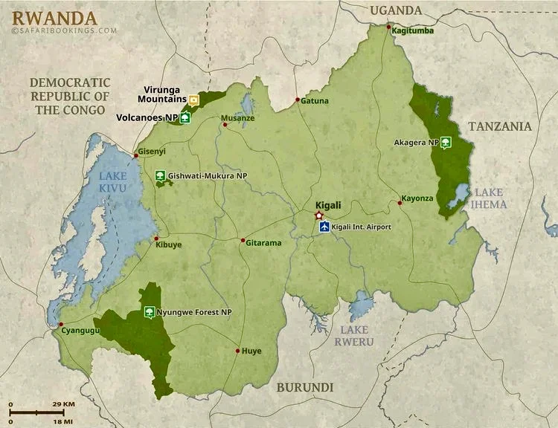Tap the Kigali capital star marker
pyautogui.click(x=319, y=215)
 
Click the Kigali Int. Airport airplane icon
pyautogui.click(x=324, y=227)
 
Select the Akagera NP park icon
pyautogui.click(x=446, y=142)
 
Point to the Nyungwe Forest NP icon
pyautogui.click(x=149, y=312)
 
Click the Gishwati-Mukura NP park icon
pyautogui.click(x=160, y=176)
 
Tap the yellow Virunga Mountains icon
pyautogui.click(x=194, y=100)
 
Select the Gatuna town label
pyautogui.click(x=315, y=100)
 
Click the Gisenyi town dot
pyautogui.click(x=135, y=155)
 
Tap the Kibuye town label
pyautogui.click(x=168, y=244)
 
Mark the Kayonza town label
pyautogui.click(x=417, y=198)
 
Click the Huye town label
pyautogui.click(x=251, y=351)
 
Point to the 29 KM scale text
pyautogui.click(x=64, y=404)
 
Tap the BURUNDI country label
pyautogui.click(x=305, y=387)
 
